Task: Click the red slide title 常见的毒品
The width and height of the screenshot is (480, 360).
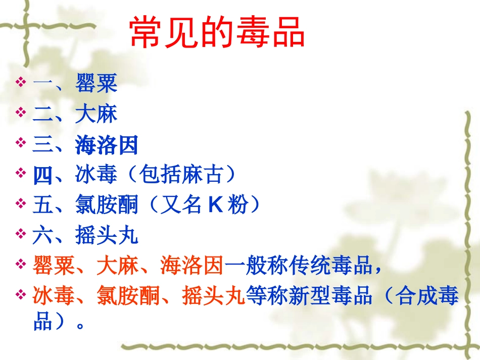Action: (x=217, y=33)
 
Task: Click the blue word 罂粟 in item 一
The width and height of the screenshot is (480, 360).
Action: (x=97, y=84)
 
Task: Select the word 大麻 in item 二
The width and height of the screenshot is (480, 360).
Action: (x=97, y=114)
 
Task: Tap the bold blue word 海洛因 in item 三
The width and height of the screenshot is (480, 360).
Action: (x=107, y=145)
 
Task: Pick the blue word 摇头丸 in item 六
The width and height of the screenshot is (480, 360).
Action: (x=107, y=236)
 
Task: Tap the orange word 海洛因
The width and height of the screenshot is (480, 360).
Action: (x=192, y=266)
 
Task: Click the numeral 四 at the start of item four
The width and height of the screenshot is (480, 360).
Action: (x=43, y=175)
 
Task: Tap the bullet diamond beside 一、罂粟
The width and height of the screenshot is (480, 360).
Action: (x=21, y=82)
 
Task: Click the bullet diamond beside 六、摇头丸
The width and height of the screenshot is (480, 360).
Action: (x=21, y=234)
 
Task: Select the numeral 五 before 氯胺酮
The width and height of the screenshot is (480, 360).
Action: (x=43, y=205)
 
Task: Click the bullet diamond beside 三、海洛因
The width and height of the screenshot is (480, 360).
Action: (x=21, y=143)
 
